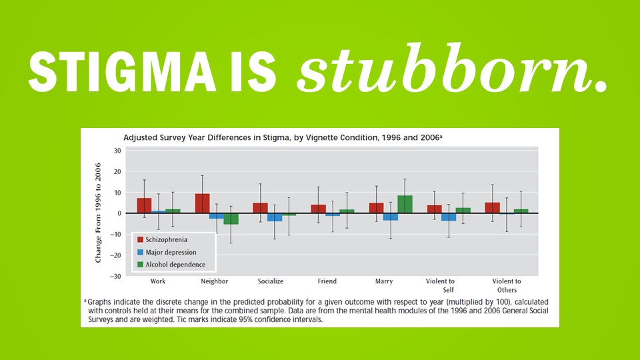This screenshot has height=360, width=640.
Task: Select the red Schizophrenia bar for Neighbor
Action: point(202,203)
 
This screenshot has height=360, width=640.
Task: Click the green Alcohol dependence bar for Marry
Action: point(405,204)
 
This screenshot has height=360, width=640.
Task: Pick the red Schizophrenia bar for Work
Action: point(144,205)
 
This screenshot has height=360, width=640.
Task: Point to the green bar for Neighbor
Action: point(231,219)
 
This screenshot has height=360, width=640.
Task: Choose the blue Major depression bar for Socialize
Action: point(275,217)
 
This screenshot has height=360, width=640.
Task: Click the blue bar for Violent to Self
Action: point(449,217)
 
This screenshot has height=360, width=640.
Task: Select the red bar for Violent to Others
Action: point(492,208)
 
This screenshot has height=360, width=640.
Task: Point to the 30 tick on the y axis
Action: point(117,151)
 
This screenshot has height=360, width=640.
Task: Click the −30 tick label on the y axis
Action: point(115,276)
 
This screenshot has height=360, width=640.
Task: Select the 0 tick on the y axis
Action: point(118,213)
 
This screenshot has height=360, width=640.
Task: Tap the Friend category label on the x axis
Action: point(327,281)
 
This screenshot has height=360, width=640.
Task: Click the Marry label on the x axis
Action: point(384,281)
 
